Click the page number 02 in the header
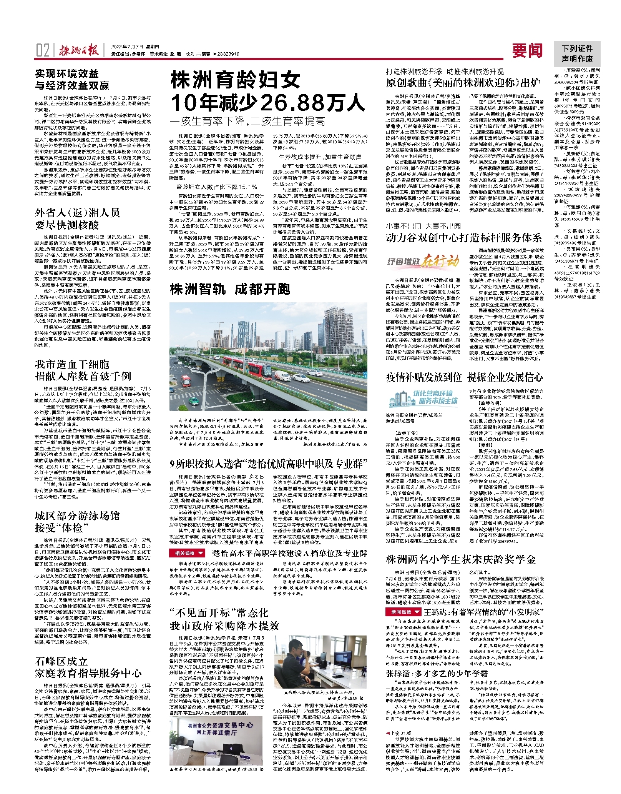[43, 50]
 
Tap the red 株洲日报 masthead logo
[79, 50]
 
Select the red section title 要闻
[527, 50]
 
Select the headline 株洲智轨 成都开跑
[230, 289]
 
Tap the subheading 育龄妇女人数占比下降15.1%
[216, 187]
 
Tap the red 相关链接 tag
[187, 553]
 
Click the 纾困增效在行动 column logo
[423, 262]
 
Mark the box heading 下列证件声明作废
[577, 54]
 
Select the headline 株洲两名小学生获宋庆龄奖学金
[460, 559]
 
